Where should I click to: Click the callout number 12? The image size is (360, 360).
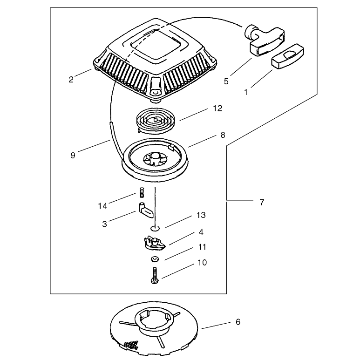pyautogui.click(x=217, y=108)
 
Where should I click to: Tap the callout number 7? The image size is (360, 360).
pyautogui.click(x=262, y=203)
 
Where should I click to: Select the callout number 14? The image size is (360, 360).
pyautogui.click(x=102, y=206)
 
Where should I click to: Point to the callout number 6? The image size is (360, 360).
pyautogui.click(x=238, y=322)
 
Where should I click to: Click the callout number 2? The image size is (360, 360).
pyautogui.click(x=71, y=80)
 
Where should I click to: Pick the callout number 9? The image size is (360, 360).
pyautogui.click(x=73, y=156)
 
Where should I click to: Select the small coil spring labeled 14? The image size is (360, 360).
pyautogui.click(x=142, y=192)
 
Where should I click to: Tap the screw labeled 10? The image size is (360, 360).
pyautogui.click(x=155, y=275)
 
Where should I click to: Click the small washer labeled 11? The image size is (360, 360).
pyautogui.click(x=155, y=259)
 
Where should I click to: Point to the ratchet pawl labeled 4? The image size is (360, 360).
pyautogui.click(x=154, y=244)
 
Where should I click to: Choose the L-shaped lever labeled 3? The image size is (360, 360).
pyautogui.click(x=145, y=210)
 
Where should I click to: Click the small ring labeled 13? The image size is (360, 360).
pyautogui.click(x=155, y=228)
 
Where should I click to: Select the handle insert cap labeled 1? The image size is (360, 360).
pyautogui.click(x=287, y=56)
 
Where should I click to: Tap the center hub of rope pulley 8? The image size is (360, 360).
pyautogui.click(x=156, y=158)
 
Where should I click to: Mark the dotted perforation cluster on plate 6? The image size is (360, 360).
pyautogui.click(x=131, y=344)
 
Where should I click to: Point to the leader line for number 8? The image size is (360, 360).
pyautogui.click(x=202, y=141)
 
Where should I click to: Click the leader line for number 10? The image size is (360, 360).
pyautogui.click(x=178, y=271)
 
